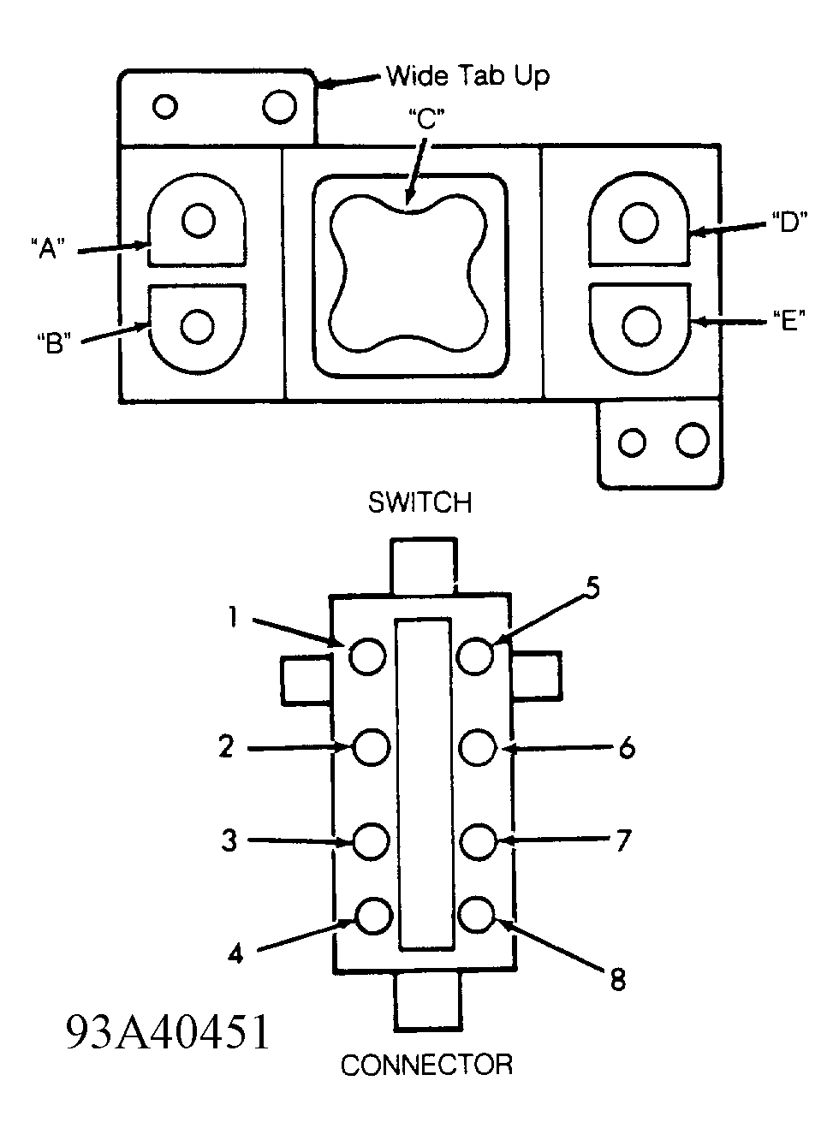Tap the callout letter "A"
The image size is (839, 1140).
click(47, 249)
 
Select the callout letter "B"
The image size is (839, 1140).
click(54, 342)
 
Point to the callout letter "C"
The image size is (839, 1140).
click(427, 120)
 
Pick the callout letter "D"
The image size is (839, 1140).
click(789, 223)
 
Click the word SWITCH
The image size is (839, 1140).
click(420, 503)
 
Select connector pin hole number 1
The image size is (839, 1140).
click(367, 656)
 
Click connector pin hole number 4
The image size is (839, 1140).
click(374, 916)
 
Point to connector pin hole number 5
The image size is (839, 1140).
click(475, 656)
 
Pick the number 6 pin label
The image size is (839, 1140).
click(627, 749)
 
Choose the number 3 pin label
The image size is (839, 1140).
click(229, 840)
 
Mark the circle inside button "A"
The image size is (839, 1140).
click(198, 221)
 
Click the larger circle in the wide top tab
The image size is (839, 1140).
click(279, 106)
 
